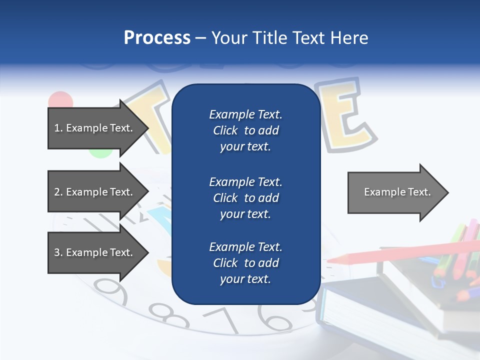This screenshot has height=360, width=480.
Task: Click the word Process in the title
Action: coord(157,38)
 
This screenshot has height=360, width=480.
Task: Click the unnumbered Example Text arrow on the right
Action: coord(397,192)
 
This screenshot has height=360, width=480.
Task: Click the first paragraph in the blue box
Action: coord(245,130)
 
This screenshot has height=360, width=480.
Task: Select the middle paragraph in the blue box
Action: coord(245,198)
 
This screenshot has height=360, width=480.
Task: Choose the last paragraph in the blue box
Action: coord(245,263)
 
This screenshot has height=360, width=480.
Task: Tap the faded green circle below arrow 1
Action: coord(103,153)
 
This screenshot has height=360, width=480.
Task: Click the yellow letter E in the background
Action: coord(345,112)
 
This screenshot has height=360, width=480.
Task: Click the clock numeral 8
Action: coord(168,315)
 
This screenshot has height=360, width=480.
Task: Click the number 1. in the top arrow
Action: coord(58,128)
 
